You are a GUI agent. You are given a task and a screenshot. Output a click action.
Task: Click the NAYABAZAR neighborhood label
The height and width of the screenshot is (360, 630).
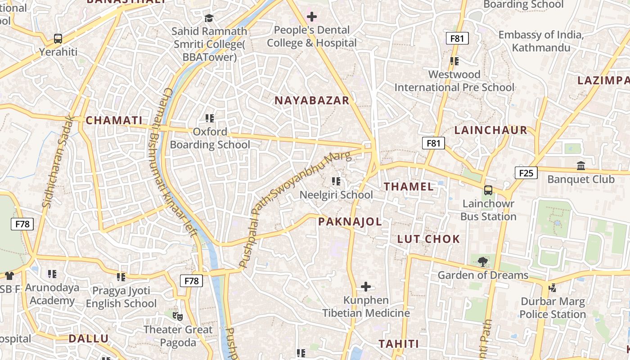pyautogui.click(x=312, y=100)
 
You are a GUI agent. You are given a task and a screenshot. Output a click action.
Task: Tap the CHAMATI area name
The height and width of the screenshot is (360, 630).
pyautogui.click(x=114, y=121)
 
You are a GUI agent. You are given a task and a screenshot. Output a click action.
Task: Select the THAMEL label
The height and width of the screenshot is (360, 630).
pyautogui.click(x=409, y=187)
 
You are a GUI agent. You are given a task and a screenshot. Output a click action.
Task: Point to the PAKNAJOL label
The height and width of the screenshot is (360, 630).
pyautogui.click(x=350, y=221)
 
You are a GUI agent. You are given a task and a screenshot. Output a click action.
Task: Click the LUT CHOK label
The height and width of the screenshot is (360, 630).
pyautogui.click(x=428, y=239)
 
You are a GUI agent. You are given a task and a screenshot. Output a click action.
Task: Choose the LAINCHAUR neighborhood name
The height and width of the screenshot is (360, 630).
pyautogui.click(x=490, y=130)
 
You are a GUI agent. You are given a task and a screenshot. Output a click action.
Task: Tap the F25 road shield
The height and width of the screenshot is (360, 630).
pyautogui.click(x=526, y=173)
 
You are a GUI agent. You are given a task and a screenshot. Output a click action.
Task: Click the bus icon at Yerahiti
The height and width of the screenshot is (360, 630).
pyautogui.click(x=58, y=39)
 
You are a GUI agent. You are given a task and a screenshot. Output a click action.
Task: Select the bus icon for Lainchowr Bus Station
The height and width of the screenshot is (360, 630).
pyautogui.click(x=488, y=190)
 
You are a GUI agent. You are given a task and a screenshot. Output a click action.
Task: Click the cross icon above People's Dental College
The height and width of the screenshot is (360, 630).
pyautogui.click(x=311, y=17)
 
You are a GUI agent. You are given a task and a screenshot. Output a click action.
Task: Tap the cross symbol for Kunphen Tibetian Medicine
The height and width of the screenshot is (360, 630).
pyautogui.click(x=366, y=287)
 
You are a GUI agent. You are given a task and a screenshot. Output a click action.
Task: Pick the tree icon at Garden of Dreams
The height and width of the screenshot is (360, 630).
pyautogui.click(x=483, y=261)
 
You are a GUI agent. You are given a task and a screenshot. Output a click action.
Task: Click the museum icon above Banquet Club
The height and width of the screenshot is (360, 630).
pyautogui.click(x=581, y=166)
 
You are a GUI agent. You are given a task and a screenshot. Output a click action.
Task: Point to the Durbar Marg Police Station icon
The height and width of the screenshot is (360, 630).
pyautogui.click(x=553, y=288)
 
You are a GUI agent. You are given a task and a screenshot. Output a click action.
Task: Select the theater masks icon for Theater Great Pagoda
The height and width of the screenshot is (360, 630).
pyautogui.click(x=178, y=316)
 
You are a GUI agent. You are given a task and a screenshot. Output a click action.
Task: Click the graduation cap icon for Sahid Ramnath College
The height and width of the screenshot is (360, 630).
pyautogui.click(x=209, y=18)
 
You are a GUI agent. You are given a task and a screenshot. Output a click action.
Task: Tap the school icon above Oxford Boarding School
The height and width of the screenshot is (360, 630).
pyautogui.click(x=209, y=118)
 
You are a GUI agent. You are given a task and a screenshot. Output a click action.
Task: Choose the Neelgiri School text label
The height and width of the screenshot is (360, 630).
pyautogui.click(x=336, y=195)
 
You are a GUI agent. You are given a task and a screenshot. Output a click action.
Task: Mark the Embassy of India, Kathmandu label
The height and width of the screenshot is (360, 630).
pyautogui.click(x=541, y=41)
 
